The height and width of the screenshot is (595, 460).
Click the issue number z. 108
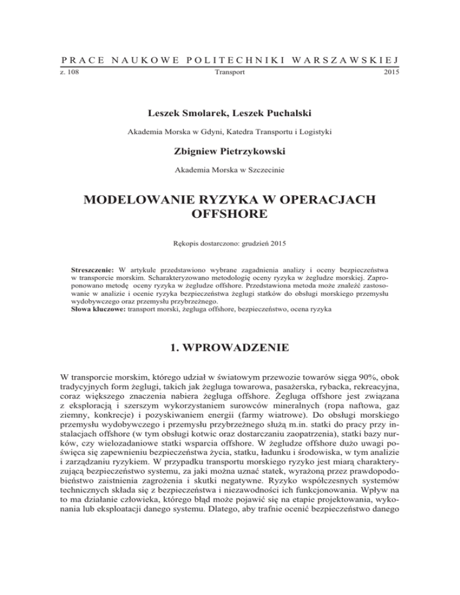click(x=70, y=72)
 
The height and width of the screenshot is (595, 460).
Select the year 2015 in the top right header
click(x=391, y=72)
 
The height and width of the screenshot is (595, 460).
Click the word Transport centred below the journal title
click(x=230, y=72)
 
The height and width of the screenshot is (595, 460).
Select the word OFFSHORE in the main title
click(x=230, y=214)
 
